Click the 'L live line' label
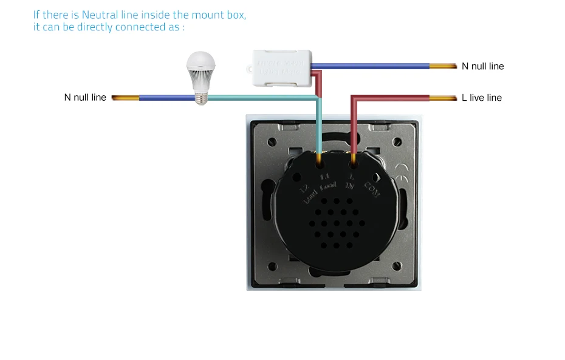point(482,98)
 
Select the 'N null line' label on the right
point(483,66)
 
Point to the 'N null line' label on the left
point(85,98)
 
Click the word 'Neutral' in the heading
point(107,15)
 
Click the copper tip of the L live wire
point(443,98)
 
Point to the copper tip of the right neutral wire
point(443,66)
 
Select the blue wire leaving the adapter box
point(371,66)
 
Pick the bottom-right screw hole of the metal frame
point(398,265)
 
